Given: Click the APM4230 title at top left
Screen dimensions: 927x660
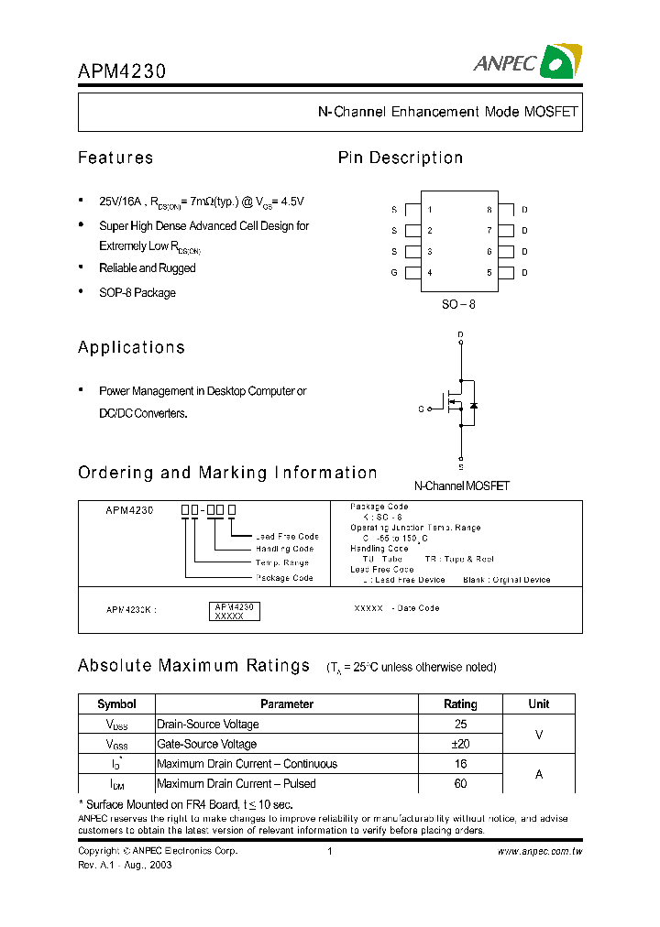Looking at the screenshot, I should (122, 71).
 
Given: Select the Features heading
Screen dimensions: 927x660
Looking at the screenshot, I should (115, 158).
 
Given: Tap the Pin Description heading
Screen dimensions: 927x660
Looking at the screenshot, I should (401, 158).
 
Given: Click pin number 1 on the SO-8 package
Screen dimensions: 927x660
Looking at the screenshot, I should (430, 210).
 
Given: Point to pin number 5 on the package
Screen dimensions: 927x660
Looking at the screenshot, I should (489, 273).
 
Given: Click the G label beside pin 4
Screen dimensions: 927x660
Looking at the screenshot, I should (394, 273).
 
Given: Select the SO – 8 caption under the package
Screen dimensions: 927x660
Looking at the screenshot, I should (458, 303).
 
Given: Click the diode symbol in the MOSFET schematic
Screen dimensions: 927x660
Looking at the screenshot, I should (473, 405).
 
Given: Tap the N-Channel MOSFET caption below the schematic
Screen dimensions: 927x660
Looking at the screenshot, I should (461, 486).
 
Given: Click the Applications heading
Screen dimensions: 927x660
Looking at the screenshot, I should (131, 348).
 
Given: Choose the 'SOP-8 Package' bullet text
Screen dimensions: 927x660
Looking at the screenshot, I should (137, 293).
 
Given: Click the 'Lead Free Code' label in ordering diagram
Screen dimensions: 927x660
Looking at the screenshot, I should (287, 537).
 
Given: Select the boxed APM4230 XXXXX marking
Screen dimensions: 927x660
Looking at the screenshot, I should (236, 612).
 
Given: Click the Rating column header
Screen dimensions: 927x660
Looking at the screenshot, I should (460, 704).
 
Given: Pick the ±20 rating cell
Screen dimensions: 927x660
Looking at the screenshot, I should (460, 744).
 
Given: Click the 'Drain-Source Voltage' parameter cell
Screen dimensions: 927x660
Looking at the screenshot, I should (208, 725).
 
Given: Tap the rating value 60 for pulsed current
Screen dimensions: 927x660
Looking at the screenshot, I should (460, 784).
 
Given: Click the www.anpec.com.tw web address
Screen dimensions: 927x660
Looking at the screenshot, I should (539, 852).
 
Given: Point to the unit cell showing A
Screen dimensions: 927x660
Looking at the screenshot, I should (539, 774).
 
